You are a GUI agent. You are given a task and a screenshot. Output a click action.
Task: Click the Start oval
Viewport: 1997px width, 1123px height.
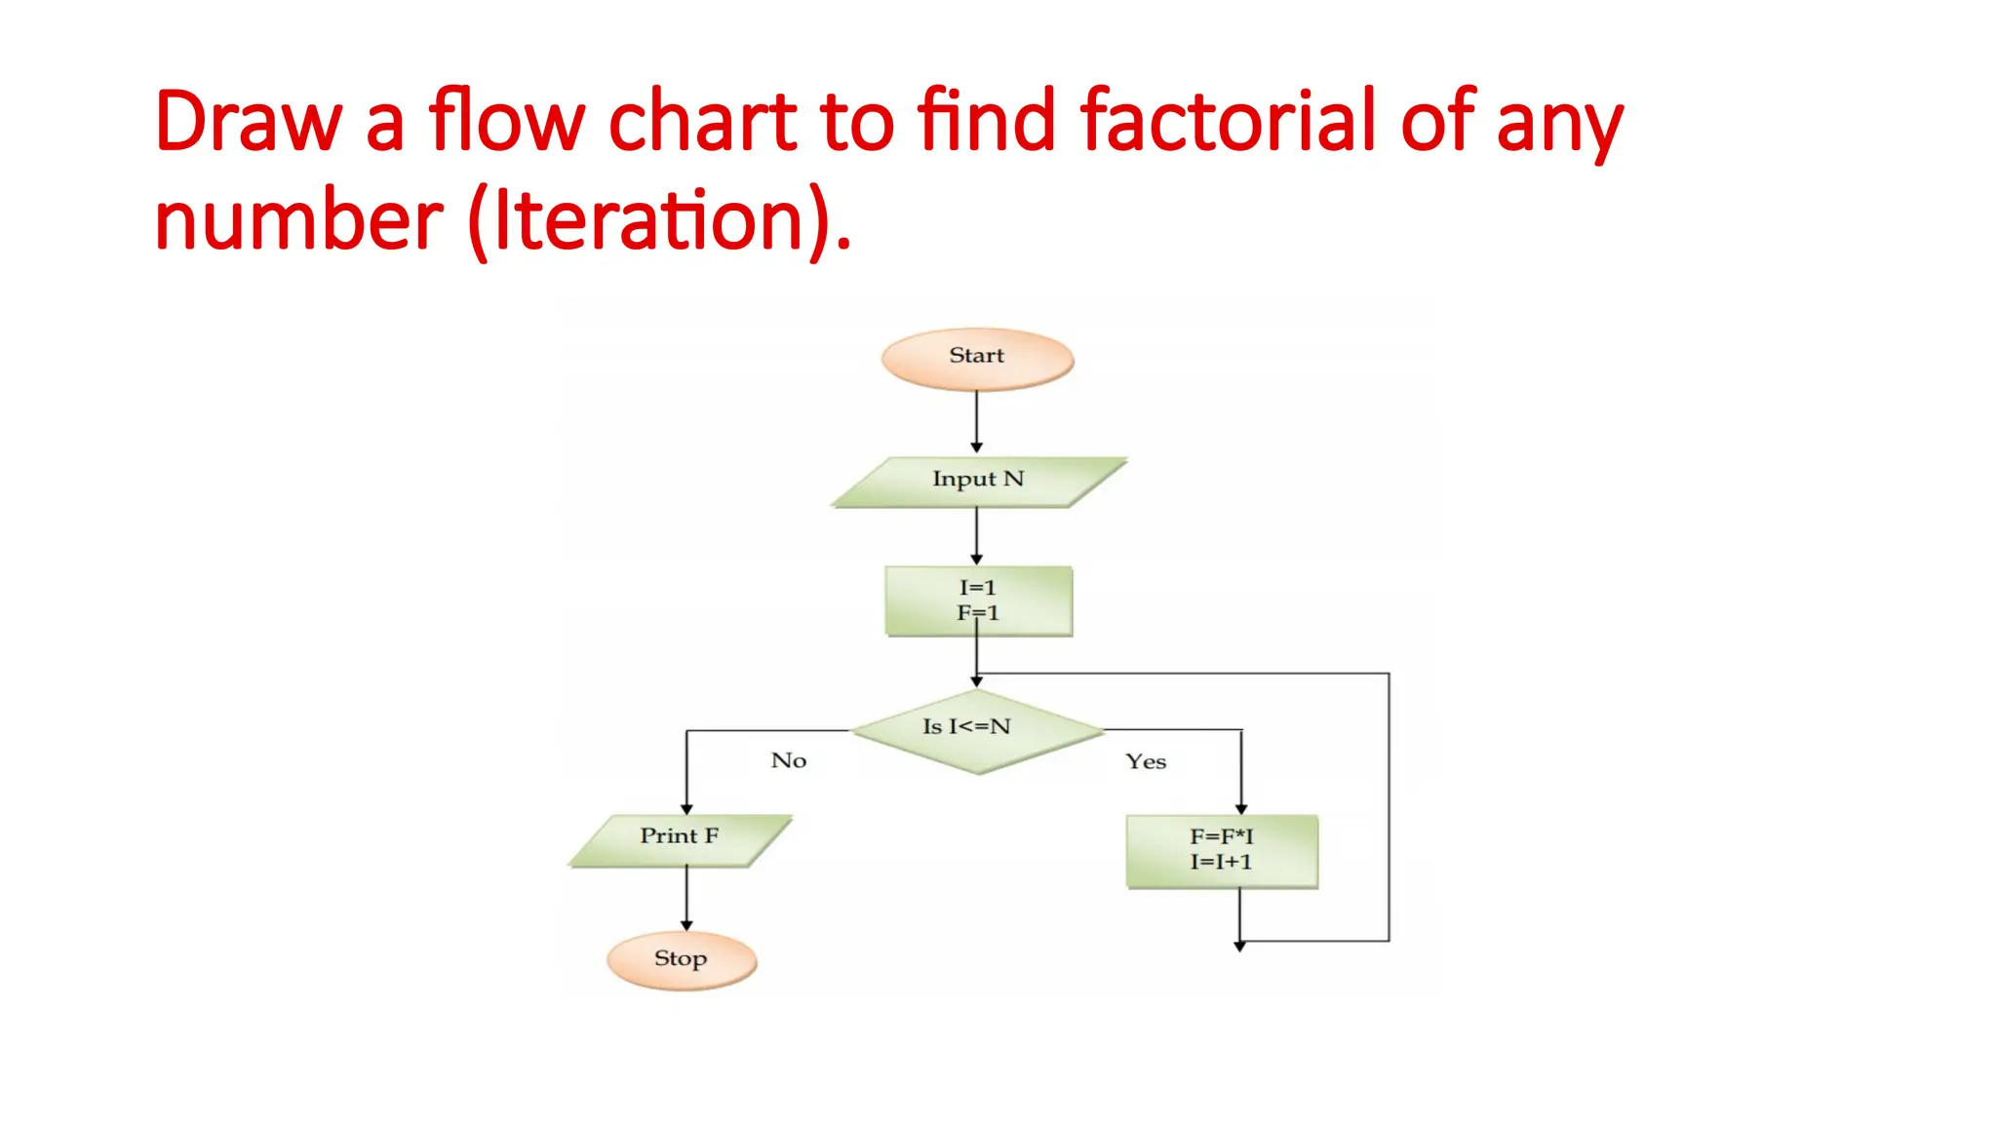977,359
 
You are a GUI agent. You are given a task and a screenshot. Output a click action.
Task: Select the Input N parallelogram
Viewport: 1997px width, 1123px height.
978,482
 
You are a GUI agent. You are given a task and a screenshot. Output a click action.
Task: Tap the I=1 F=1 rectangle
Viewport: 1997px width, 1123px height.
978,600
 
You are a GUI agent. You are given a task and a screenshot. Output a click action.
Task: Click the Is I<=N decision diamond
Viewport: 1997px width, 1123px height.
977,730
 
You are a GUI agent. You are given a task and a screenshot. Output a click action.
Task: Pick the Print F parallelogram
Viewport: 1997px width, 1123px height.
680,839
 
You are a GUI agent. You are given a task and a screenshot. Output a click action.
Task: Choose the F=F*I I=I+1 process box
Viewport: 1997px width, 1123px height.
1221,850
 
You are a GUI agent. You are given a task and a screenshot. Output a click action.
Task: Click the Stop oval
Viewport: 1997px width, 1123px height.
681,960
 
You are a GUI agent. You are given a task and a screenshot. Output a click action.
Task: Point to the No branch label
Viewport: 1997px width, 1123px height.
788,760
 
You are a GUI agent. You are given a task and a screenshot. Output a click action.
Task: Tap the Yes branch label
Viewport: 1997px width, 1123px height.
1145,761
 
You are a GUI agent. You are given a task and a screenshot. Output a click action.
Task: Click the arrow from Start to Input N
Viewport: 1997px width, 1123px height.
976,421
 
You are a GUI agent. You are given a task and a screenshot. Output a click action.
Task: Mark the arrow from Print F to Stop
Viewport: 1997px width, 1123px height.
686,897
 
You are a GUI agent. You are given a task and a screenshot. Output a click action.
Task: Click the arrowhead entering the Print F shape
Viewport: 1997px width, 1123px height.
686,809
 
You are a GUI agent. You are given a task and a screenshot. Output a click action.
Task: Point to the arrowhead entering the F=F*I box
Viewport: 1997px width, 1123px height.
1241,809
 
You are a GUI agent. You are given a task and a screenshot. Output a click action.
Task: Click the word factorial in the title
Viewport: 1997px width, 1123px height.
1229,121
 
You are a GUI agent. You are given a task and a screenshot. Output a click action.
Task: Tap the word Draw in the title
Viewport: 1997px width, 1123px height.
248,121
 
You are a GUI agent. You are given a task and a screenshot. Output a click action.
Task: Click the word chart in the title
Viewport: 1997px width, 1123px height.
702,121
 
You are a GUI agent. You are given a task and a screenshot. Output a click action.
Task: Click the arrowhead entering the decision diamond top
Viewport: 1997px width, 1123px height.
976,681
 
